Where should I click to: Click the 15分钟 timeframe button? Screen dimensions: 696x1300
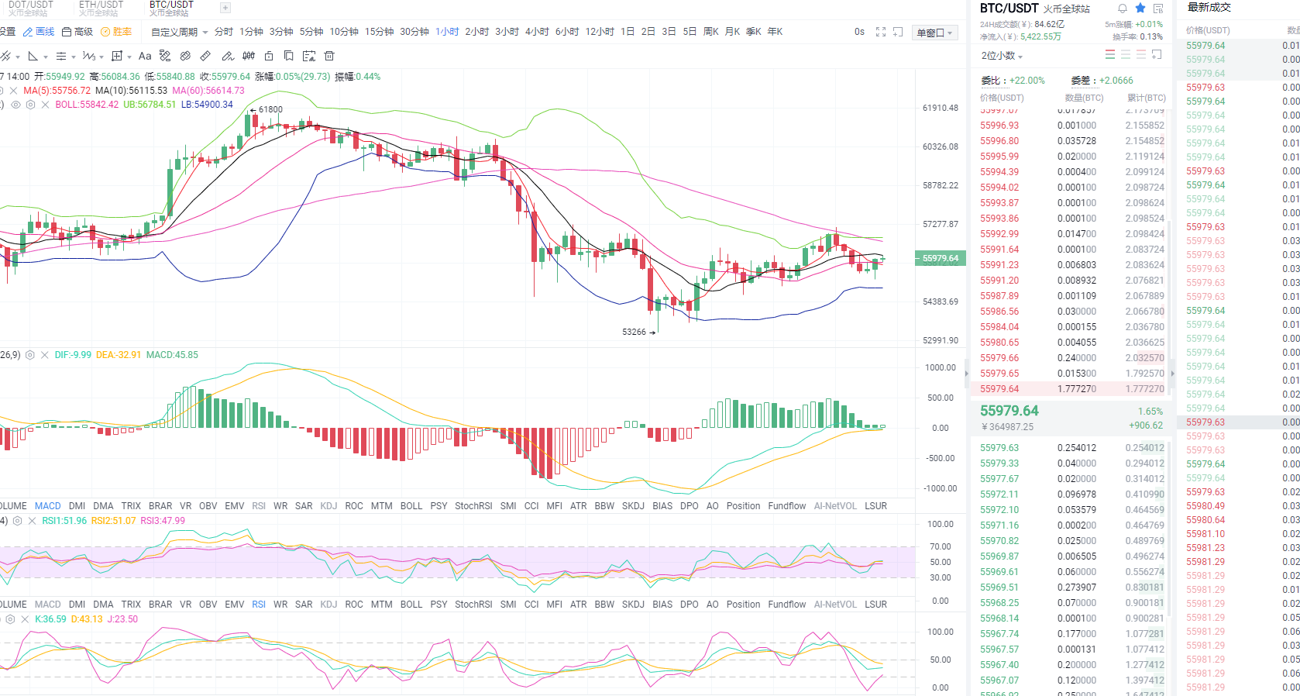click(379, 32)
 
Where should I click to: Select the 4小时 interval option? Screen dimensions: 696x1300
click(536, 32)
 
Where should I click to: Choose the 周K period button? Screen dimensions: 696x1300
click(710, 32)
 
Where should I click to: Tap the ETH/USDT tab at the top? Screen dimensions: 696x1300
click(101, 5)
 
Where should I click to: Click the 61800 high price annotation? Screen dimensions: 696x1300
click(270, 109)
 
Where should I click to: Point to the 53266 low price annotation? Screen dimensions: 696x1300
click(634, 332)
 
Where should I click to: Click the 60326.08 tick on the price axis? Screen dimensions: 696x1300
click(940, 146)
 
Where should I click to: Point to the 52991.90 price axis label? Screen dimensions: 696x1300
click(940, 340)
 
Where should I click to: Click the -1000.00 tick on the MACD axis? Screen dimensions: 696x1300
click(939, 488)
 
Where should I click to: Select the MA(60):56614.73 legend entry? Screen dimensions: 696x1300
click(208, 91)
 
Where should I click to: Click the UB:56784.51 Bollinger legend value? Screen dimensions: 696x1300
click(150, 105)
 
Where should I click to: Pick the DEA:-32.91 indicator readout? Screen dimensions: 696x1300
click(119, 355)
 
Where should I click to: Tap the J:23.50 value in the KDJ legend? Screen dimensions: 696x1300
click(124, 619)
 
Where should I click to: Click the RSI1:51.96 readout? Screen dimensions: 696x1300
click(64, 521)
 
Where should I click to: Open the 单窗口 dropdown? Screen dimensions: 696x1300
click(934, 33)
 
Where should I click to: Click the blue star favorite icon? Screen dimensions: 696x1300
click(1140, 9)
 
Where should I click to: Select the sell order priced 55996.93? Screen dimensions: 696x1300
click(999, 126)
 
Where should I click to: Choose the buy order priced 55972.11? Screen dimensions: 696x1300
click(999, 494)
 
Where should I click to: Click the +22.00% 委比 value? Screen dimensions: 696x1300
click(1027, 81)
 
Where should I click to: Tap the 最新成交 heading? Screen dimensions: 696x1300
click(1209, 8)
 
